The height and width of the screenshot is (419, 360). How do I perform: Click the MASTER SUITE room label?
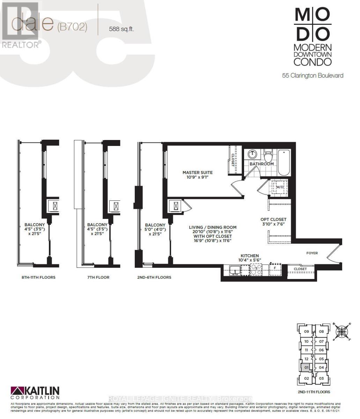(197, 172)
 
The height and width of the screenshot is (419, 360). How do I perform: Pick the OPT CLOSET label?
(273, 220)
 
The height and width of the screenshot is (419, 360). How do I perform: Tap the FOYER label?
(312, 253)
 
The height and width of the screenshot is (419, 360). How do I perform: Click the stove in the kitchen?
(256, 269)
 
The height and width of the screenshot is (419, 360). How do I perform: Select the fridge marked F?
(275, 269)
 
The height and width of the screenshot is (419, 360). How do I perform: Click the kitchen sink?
(235, 269)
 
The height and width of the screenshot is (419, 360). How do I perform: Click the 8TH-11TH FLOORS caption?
(38, 277)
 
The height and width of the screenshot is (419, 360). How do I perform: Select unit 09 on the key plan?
(306, 332)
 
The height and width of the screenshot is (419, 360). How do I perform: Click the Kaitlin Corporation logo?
(35, 393)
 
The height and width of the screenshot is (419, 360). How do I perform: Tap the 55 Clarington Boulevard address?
(313, 75)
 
